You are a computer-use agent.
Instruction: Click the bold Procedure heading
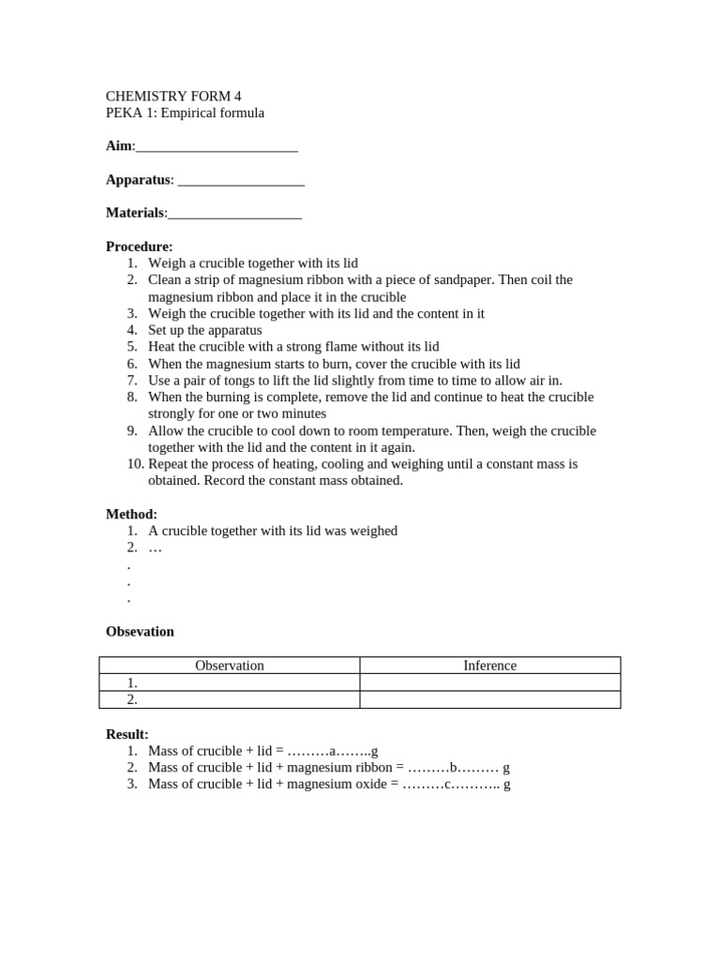[139, 247]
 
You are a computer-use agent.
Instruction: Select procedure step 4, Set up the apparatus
[204, 330]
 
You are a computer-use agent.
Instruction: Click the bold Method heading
[131, 515]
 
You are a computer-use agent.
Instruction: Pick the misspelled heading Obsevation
[140, 632]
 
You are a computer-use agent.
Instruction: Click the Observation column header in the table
[229, 666]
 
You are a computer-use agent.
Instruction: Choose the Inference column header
[489, 666]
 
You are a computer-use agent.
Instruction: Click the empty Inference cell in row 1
[489, 682]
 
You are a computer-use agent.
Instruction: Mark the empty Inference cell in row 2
[489, 699]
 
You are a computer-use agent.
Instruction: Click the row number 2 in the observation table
[132, 699]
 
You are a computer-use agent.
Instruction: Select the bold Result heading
[127, 734]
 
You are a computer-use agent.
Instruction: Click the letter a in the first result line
[332, 752]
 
